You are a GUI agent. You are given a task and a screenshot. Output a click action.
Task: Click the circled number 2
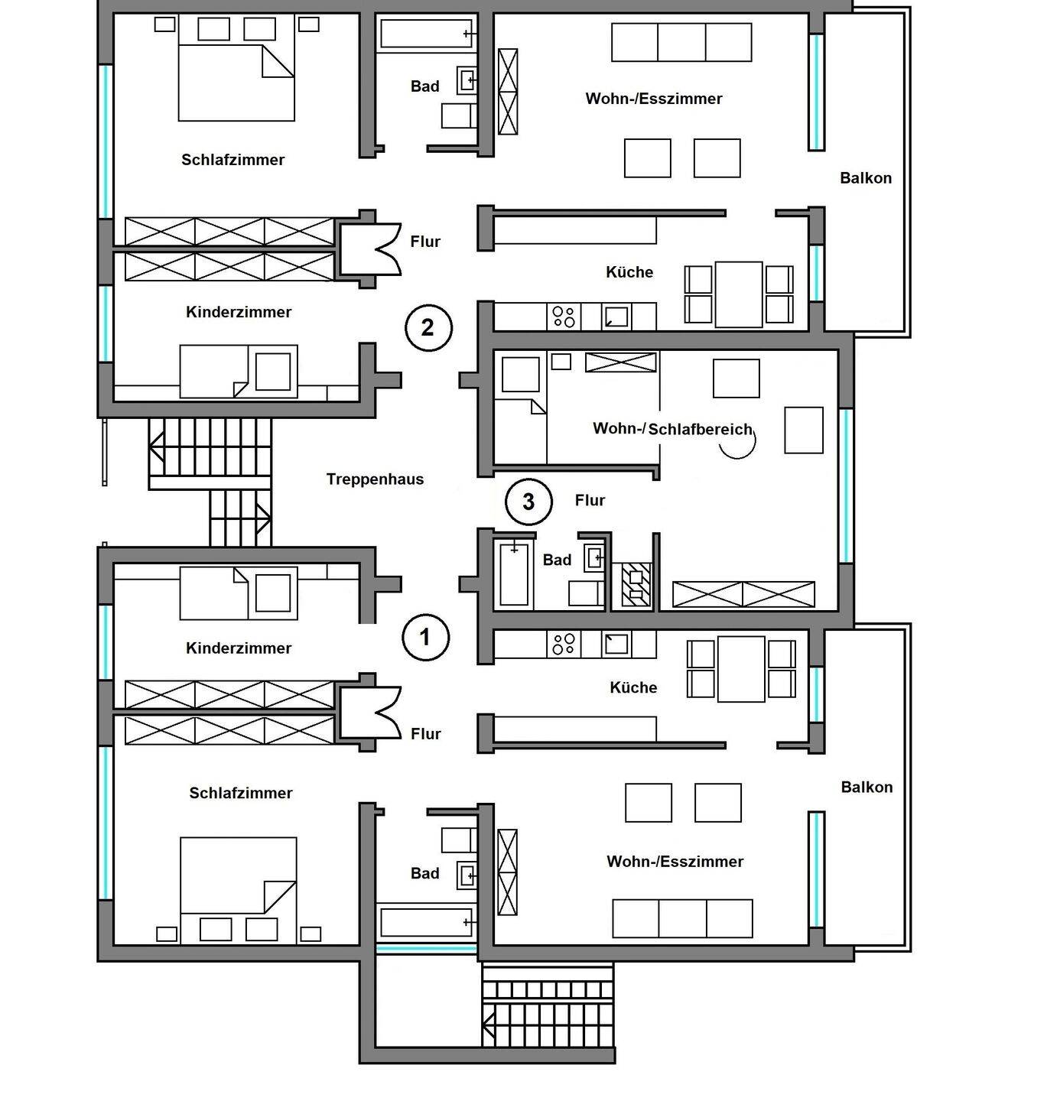(428, 327)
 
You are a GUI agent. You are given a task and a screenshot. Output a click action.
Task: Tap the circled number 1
(426, 637)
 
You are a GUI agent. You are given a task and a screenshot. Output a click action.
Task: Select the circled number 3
(528, 502)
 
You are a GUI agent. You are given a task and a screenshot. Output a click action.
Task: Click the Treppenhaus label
(375, 479)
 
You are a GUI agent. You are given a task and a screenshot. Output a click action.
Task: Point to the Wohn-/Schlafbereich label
(672, 429)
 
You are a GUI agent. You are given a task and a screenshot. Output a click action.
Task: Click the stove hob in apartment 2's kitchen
(564, 317)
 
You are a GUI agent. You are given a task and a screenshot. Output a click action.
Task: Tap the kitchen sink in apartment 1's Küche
(616, 644)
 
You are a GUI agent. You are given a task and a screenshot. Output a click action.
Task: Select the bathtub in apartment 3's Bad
(514, 573)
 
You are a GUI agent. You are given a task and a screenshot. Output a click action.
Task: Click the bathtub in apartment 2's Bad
(426, 34)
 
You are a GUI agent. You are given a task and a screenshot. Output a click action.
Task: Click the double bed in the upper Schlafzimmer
(236, 83)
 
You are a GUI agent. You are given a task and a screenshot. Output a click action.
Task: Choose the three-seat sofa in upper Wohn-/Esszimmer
(681, 42)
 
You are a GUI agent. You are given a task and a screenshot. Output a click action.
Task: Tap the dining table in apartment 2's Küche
(738, 294)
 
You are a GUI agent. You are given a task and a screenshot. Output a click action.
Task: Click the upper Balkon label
(866, 178)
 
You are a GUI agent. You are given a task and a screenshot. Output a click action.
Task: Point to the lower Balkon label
(867, 788)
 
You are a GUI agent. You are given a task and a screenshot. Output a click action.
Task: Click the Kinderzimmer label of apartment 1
(239, 648)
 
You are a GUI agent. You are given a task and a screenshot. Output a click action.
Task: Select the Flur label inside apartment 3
(590, 500)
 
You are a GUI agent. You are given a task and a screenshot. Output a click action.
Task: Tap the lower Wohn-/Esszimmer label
(675, 862)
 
